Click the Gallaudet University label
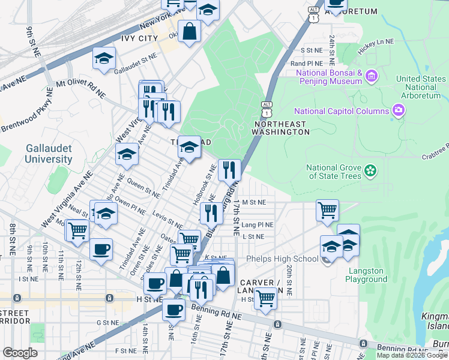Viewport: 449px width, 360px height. (49, 154)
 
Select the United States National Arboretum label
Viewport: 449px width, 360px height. (421, 87)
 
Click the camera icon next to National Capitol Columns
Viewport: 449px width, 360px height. (397, 110)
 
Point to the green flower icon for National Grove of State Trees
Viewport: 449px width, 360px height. (370, 172)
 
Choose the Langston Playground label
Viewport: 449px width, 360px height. (367, 275)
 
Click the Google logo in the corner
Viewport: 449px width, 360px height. (20, 353)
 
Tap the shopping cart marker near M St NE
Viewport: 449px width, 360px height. (327, 211)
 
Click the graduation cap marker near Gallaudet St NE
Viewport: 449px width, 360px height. (104, 58)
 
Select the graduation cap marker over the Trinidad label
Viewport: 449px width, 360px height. (189, 147)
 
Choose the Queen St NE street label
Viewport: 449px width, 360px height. (143, 190)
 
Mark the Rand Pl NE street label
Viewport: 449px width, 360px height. (308, 63)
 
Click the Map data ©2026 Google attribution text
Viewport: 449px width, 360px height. (412, 355)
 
